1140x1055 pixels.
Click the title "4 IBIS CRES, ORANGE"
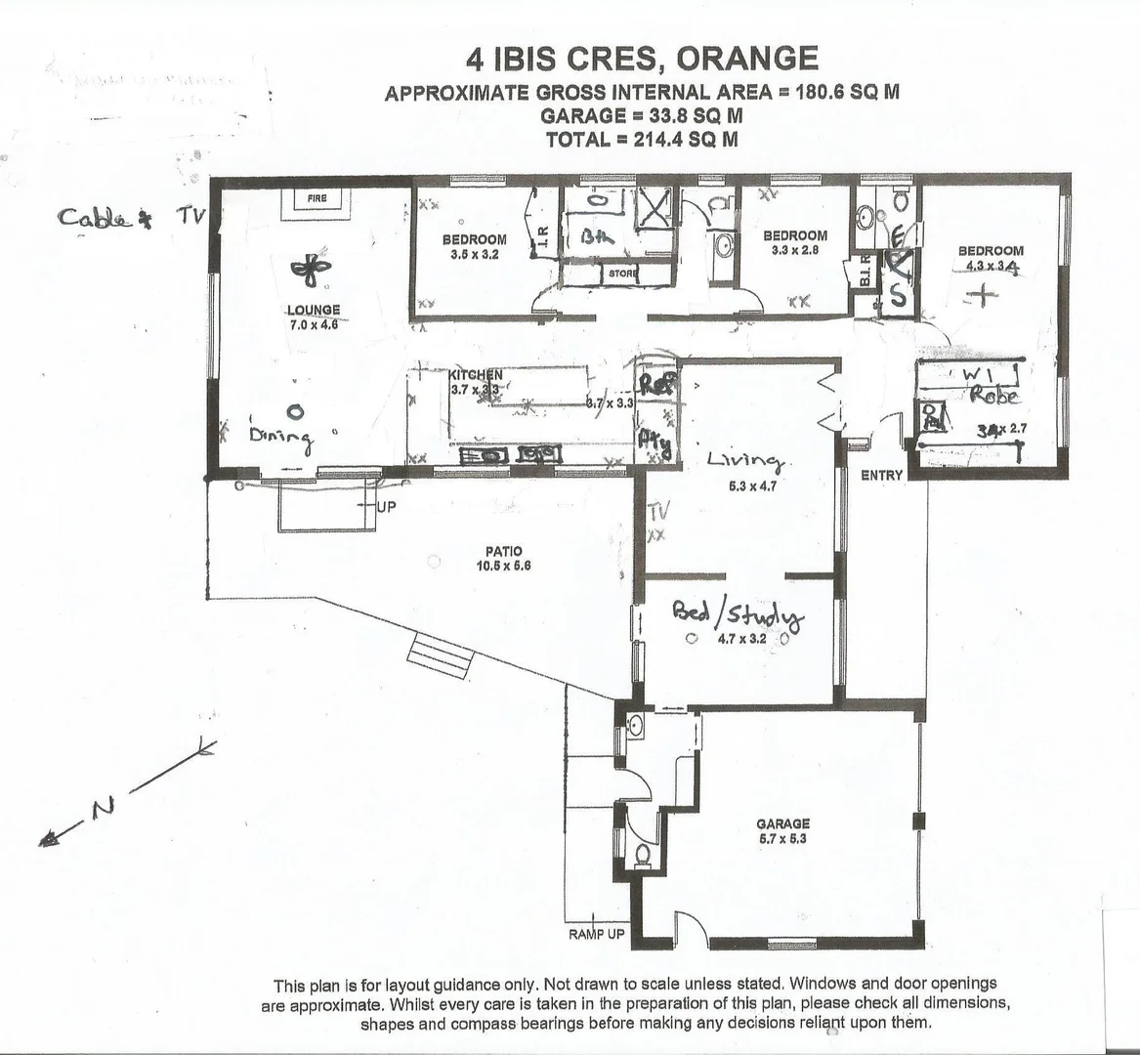pos(642,59)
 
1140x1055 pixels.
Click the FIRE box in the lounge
pos(317,199)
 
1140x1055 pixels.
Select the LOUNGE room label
pos(314,310)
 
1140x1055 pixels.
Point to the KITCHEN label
pos(476,375)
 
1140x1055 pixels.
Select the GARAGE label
pos(782,823)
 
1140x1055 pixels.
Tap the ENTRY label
pos(881,476)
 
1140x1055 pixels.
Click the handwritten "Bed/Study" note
pos(738,615)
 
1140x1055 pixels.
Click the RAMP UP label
pos(595,934)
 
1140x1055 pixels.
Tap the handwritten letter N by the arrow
pos(102,807)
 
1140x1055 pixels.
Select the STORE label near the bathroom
pos(622,274)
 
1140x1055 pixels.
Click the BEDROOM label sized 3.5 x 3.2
pos(474,239)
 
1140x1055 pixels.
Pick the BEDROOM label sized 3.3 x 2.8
pos(794,235)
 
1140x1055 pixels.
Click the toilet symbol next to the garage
pos(642,855)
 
